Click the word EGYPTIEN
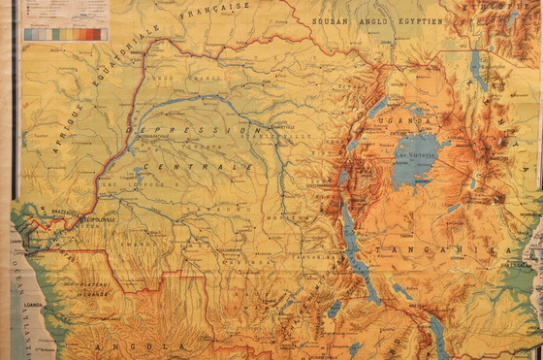pos(415,20)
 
